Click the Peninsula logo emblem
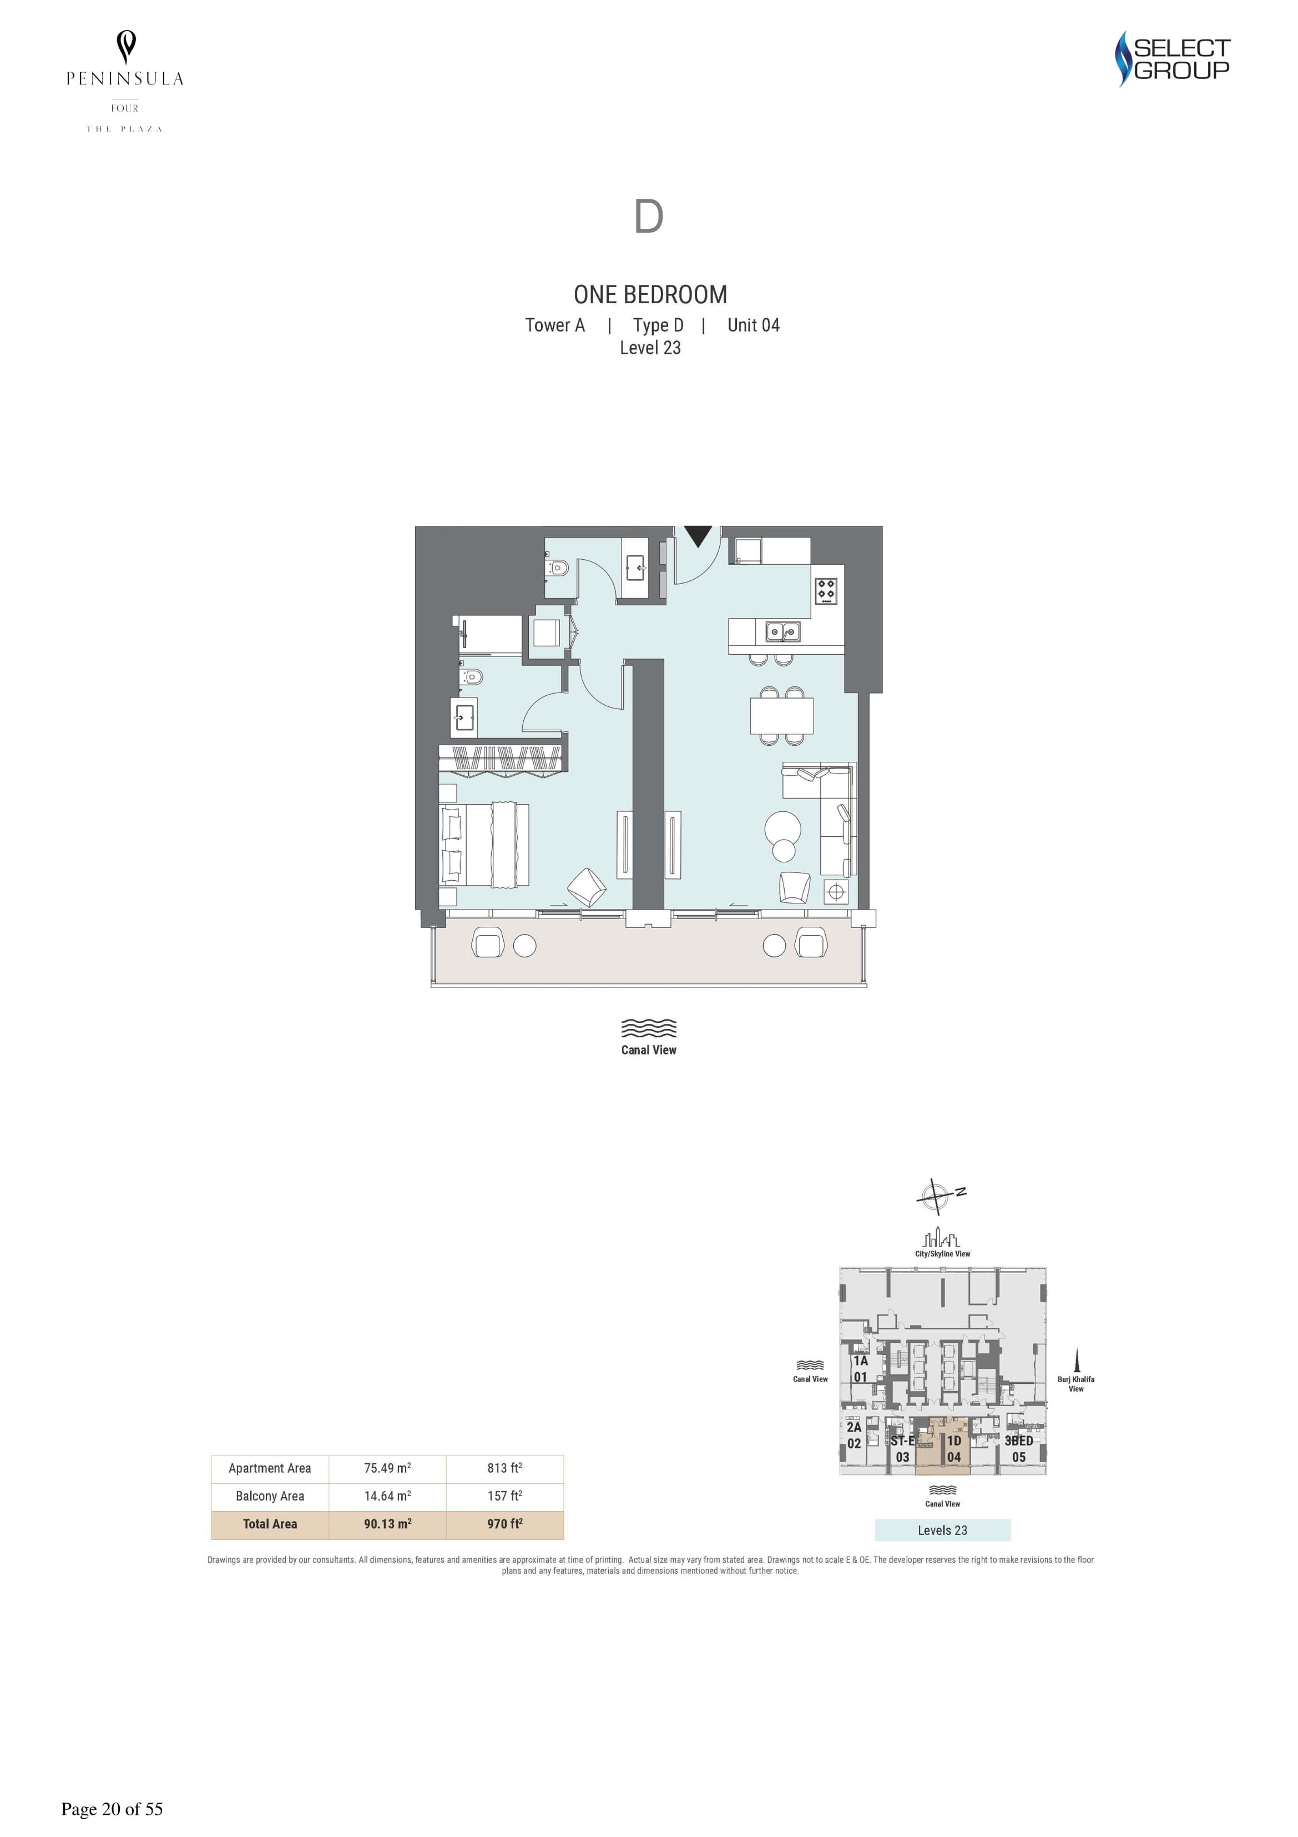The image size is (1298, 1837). (x=125, y=47)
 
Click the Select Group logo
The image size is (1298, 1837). (x=1173, y=58)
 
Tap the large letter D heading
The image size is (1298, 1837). (x=649, y=216)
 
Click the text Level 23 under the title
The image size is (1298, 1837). (x=650, y=348)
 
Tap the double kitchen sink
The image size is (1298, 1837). (x=782, y=632)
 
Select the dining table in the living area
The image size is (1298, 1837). (x=781, y=715)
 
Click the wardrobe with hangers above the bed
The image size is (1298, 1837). (x=502, y=757)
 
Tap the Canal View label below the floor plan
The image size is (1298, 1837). (x=649, y=1050)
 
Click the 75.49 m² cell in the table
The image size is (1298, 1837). (x=388, y=1468)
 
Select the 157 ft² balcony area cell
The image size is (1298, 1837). (x=504, y=1495)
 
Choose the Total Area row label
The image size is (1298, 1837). (x=270, y=1524)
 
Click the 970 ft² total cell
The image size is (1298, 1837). (x=504, y=1524)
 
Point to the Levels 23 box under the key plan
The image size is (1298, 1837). (x=943, y=1530)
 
